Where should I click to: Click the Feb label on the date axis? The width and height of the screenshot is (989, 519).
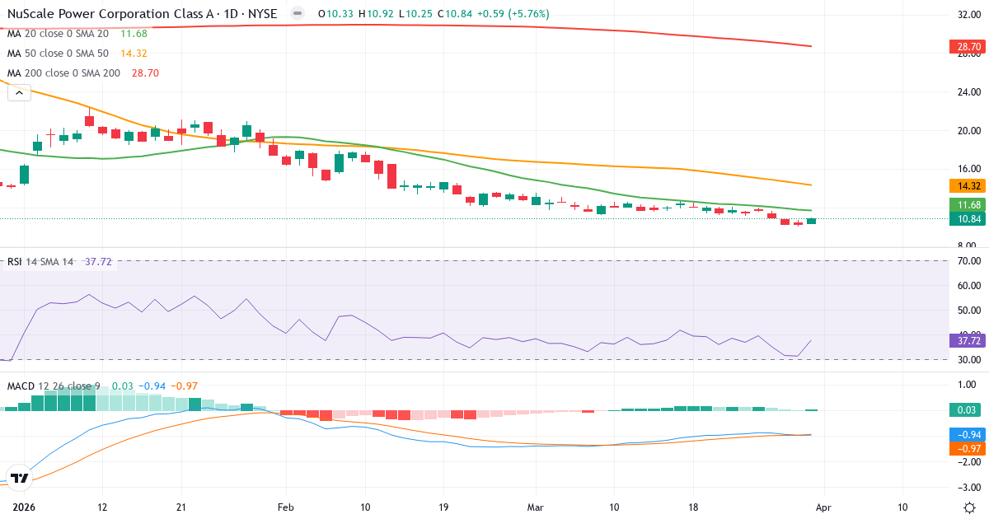click(285, 507)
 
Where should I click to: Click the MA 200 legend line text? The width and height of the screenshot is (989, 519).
click(63, 73)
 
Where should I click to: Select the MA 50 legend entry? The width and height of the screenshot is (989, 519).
click(58, 54)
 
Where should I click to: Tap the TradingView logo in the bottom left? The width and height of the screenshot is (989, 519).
click(20, 478)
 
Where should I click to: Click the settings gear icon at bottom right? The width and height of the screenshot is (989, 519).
click(969, 507)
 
